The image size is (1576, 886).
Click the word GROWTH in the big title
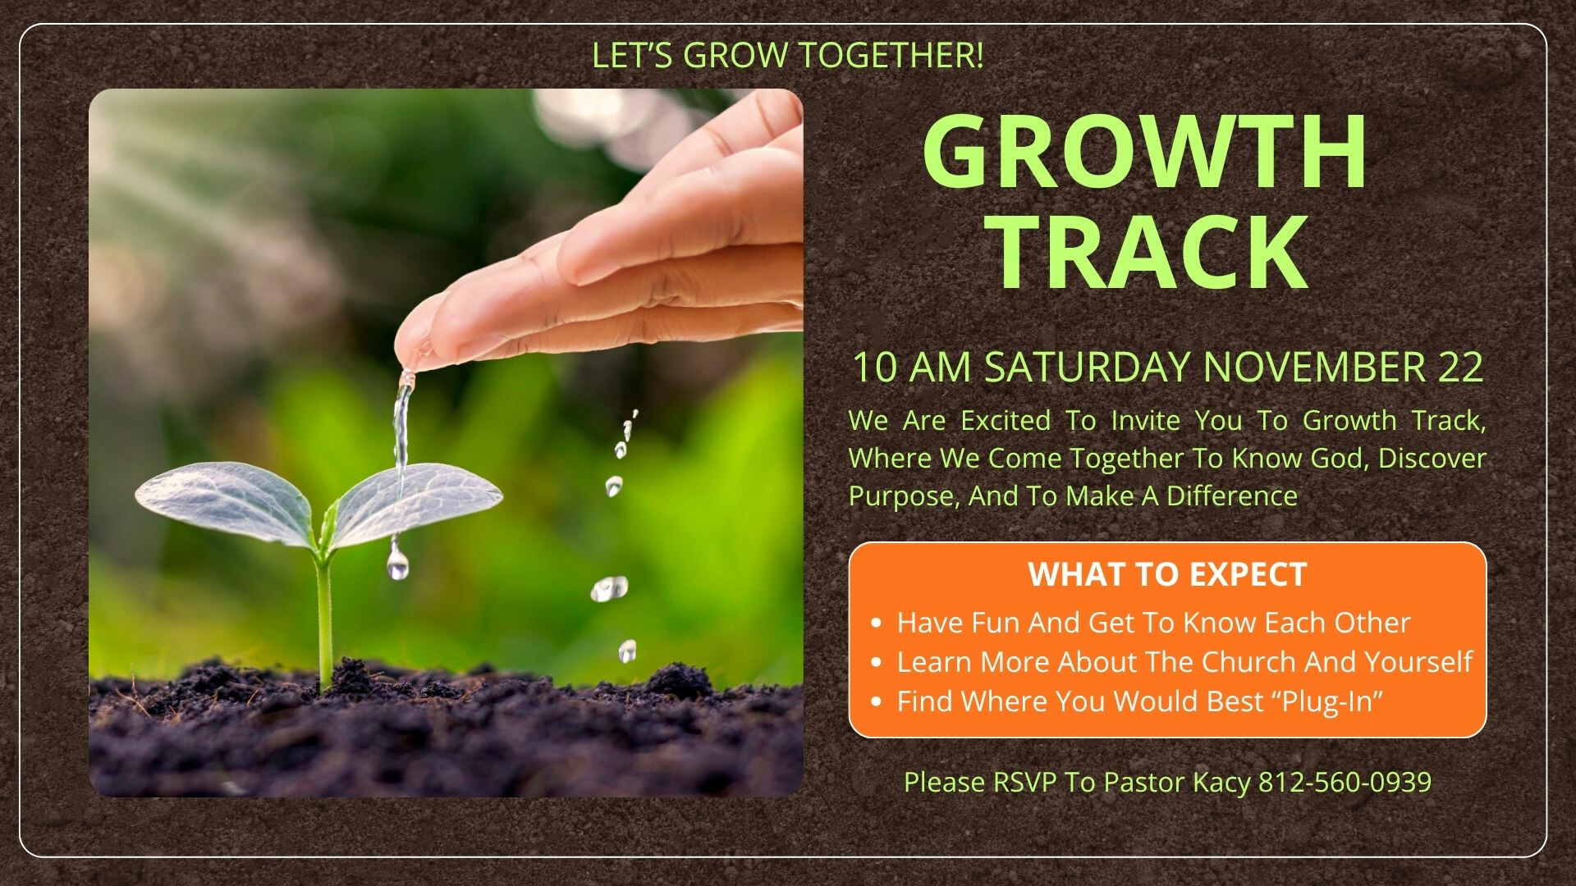(x=1146, y=152)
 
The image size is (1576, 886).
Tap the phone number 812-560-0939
(x=1345, y=782)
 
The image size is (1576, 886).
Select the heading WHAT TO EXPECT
(x=1167, y=574)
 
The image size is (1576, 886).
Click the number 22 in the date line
(x=1461, y=367)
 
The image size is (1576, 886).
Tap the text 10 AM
(x=912, y=367)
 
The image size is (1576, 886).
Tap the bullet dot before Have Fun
(x=877, y=623)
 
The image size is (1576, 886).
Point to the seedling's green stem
(x=324, y=615)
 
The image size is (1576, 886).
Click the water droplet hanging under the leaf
(x=398, y=564)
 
